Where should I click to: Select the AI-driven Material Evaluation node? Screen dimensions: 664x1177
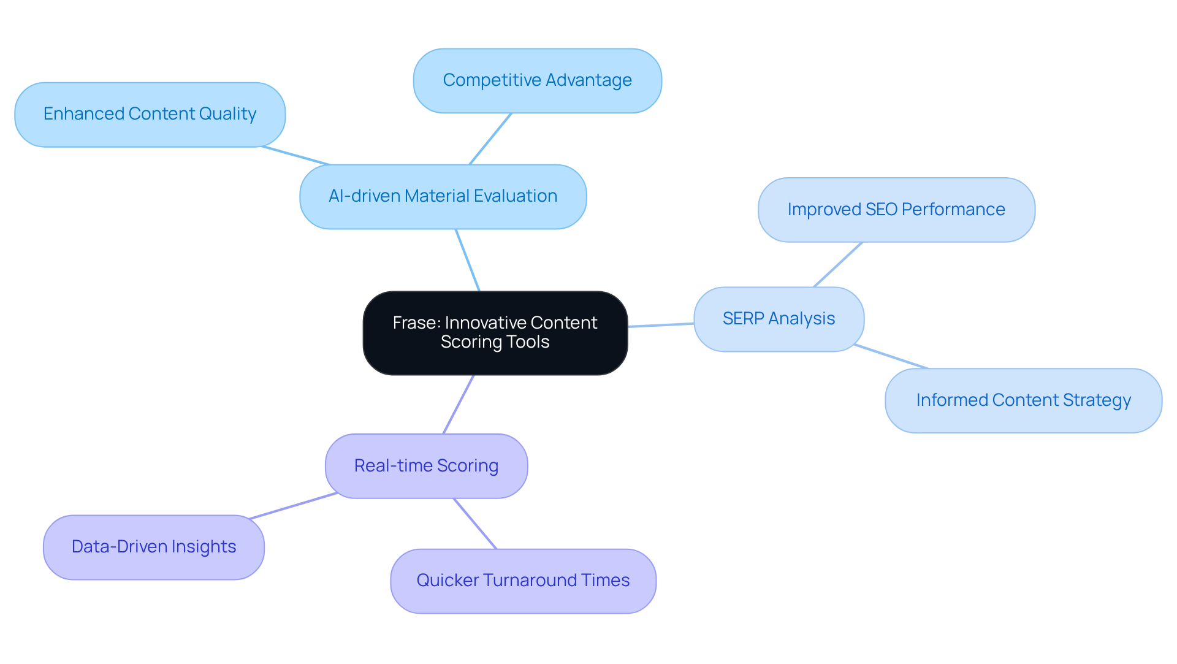(x=443, y=196)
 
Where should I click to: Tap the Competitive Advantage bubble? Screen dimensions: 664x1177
(x=537, y=80)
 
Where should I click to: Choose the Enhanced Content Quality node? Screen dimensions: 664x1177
(x=150, y=114)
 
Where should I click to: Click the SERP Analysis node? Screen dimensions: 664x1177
(x=779, y=319)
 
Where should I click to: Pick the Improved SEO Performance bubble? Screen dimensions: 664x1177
(x=896, y=210)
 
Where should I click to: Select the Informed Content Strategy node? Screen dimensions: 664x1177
(x=1023, y=400)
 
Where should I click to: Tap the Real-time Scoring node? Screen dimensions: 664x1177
(x=426, y=466)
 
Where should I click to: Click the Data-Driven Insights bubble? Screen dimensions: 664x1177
(x=153, y=547)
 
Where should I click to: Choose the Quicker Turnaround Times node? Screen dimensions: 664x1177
(x=523, y=581)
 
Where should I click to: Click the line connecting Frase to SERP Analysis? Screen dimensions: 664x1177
(x=661, y=325)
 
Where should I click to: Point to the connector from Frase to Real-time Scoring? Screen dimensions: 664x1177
(x=459, y=404)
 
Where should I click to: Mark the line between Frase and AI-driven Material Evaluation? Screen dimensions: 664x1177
(x=468, y=260)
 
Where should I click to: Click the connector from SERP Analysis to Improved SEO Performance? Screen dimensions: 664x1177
(x=837, y=264)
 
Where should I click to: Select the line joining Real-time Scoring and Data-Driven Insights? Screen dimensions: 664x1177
(x=293, y=506)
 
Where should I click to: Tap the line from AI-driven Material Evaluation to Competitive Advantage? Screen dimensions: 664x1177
(x=490, y=139)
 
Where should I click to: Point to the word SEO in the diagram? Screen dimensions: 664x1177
(x=881, y=210)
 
